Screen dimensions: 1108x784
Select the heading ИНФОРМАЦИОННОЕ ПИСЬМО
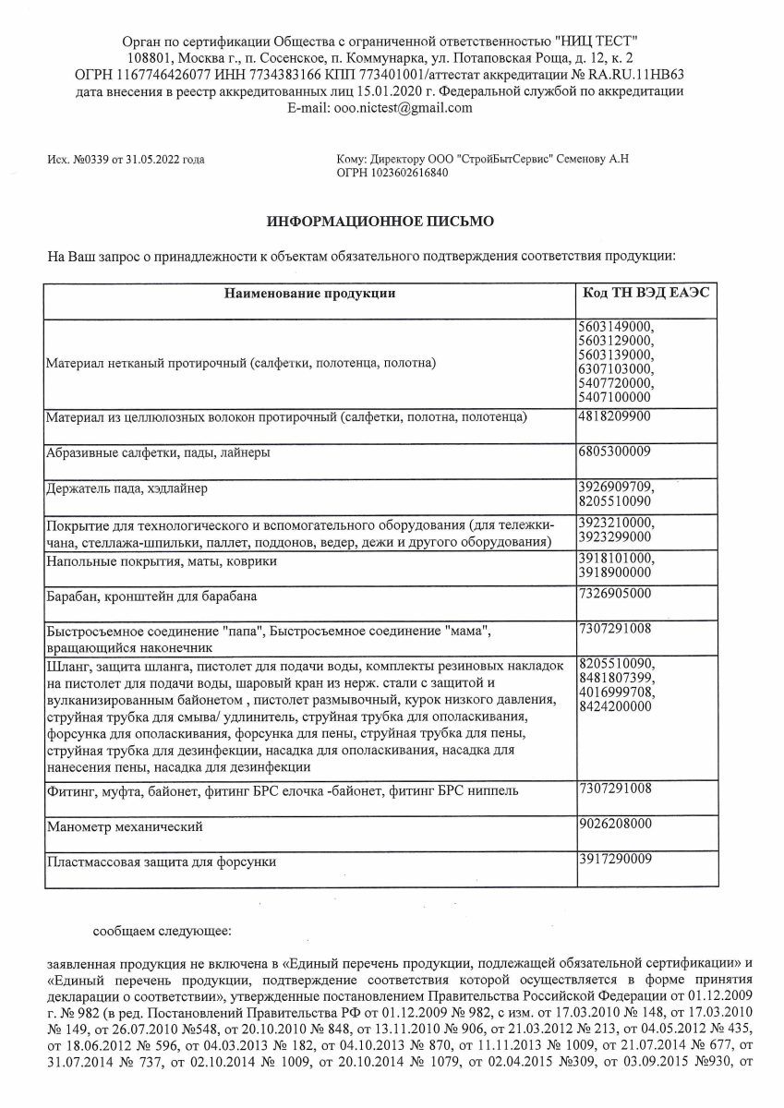coord(380,222)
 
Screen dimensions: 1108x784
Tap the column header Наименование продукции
coord(309,294)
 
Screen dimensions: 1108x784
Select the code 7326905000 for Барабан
coord(613,592)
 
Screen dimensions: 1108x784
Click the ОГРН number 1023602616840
coord(407,173)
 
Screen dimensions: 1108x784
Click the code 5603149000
coord(613,325)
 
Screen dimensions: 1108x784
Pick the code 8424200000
coord(613,705)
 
